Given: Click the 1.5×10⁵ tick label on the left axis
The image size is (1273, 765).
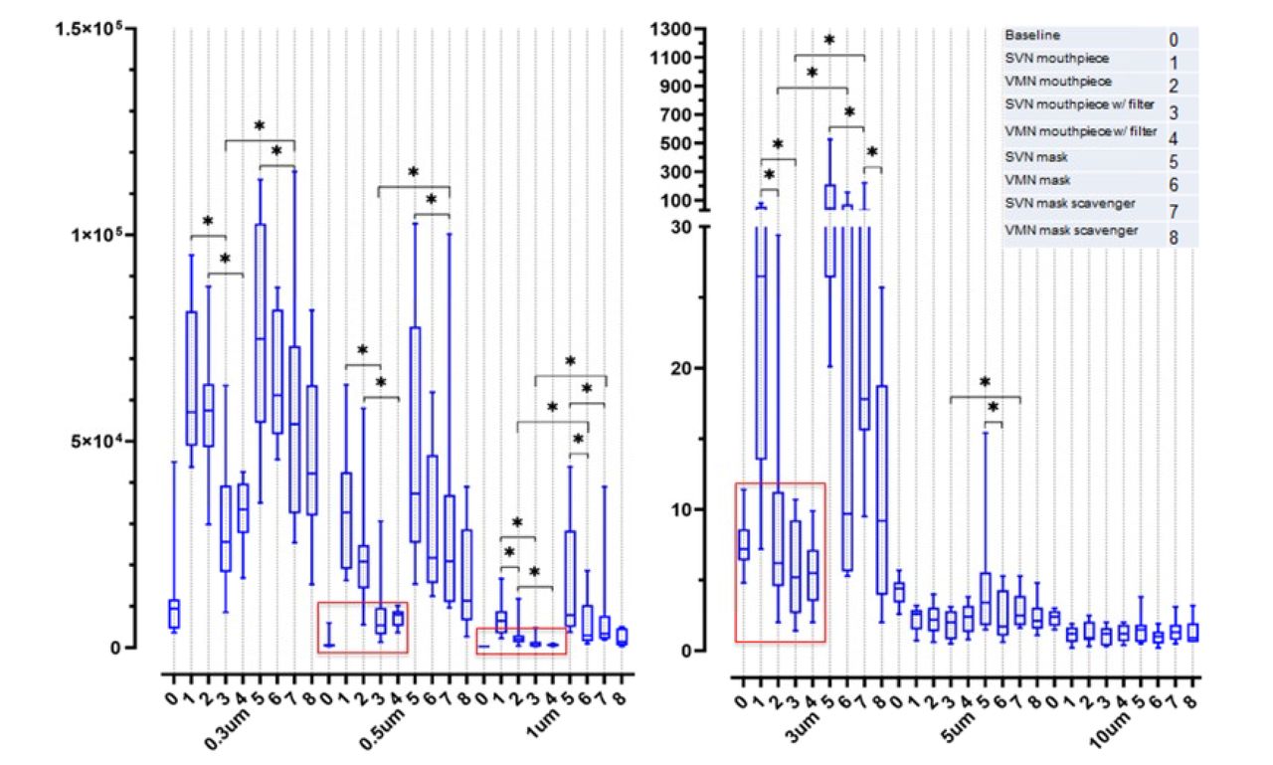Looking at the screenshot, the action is click(89, 28).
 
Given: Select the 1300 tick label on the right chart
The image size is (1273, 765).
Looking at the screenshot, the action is click(670, 29).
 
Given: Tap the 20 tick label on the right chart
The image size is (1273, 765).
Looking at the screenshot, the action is click(681, 368).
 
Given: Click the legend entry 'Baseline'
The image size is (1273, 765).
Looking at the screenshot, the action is click(1032, 35).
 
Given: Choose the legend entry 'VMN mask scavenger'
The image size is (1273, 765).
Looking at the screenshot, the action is click(1071, 231).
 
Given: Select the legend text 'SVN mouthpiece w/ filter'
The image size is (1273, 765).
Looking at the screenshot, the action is click(1079, 104).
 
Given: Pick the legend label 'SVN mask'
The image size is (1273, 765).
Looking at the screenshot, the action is click(1036, 157).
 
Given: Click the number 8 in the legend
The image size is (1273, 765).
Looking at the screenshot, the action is click(1174, 238).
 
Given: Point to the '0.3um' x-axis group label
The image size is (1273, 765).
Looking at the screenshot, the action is click(227, 729).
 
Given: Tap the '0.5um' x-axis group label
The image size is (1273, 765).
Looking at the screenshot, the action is click(383, 729).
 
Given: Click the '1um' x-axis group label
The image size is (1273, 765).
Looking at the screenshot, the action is click(543, 723).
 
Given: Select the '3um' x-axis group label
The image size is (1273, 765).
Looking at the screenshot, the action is click(803, 727).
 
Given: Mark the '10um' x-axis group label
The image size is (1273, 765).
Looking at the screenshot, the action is click(1111, 730).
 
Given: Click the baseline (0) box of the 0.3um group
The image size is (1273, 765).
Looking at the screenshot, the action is click(174, 614).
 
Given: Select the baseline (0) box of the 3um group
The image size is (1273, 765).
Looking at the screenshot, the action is click(743, 544).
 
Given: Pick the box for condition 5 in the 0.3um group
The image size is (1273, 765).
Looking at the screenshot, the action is click(261, 323).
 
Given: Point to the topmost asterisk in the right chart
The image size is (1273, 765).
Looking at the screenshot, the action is click(829, 40).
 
